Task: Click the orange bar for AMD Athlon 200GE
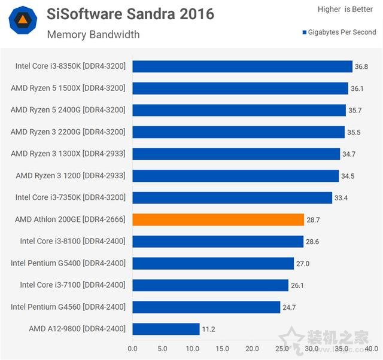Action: point(218,219)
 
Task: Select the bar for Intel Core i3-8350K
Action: point(242,66)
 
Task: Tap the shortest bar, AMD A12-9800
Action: point(166,329)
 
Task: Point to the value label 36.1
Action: point(357,89)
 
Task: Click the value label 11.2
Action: point(209,330)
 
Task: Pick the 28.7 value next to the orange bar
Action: point(314,220)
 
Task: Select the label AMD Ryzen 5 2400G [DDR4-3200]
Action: point(68,110)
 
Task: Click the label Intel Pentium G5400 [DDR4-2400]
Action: point(68,263)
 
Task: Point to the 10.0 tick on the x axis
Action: point(192,348)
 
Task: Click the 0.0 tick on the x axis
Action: point(132,348)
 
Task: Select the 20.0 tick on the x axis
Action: point(252,348)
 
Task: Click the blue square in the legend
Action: point(305,32)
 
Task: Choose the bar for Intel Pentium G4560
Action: point(206,307)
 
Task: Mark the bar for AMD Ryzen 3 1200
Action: point(235,176)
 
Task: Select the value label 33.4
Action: point(342,198)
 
